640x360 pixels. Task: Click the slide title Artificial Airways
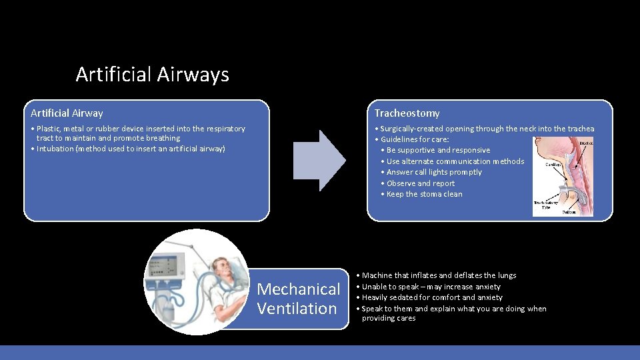tap(152, 74)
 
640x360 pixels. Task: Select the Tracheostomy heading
tap(407, 113)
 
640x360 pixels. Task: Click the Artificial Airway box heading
tap(67, 113)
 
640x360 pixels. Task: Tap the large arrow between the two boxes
tap(319, 161)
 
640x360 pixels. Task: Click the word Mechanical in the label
tap(298, 289)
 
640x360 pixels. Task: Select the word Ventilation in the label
tap(297, 309)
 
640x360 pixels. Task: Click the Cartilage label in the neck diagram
tap(557, 164)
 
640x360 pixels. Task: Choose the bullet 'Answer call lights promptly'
tap(433, 172)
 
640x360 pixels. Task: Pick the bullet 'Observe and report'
tap(420, 183)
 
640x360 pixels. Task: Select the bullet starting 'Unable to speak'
tap(431, 287)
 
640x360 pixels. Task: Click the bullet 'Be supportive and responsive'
tap(437, 150)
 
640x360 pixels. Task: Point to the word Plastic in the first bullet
tap(49, 129)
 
